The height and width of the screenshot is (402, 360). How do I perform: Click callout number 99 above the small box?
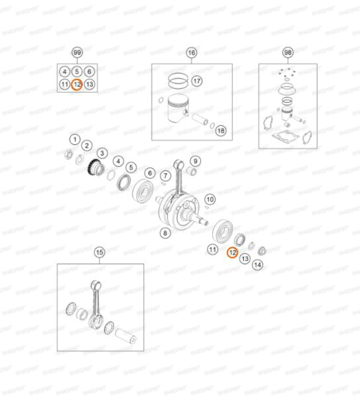(77, 52)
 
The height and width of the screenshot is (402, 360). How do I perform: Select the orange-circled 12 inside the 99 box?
(77, 84)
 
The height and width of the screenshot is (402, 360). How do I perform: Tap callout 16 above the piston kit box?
(192, 52)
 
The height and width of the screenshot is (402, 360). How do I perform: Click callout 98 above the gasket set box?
(288, 52)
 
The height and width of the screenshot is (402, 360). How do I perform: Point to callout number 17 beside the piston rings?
(196, 81)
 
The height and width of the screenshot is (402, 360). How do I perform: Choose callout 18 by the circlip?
(220, 130)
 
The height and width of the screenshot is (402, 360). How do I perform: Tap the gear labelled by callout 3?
(94, 166)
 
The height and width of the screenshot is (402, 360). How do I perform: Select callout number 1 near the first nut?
(74, 139)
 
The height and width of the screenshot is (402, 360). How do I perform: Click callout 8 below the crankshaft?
(165, 233)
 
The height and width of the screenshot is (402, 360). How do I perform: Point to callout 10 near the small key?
(210, 199)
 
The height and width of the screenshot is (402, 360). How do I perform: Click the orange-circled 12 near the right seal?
(232, 253)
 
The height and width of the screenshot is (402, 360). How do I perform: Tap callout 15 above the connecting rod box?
(100, 252)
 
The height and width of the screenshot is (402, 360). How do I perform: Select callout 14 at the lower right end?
(257, 264)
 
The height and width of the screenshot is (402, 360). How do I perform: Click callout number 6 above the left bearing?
(150, 173)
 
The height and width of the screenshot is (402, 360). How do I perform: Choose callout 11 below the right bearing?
(212, 250)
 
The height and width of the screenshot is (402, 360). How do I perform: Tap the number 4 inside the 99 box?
(64, 72)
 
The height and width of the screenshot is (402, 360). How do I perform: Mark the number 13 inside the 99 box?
(90, 84)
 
